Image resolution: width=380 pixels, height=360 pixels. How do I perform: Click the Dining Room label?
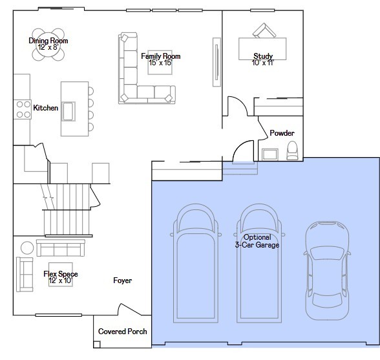[48, 41]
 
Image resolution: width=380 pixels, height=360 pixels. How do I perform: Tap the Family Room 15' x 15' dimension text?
[160, 63]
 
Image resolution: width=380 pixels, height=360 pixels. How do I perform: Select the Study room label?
[263, 56]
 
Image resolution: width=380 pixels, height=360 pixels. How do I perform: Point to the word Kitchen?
[45, 108]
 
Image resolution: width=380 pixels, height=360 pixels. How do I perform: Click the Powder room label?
[282, 133]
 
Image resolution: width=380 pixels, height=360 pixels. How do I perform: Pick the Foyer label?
[123, 281]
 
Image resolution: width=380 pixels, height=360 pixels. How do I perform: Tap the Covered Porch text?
[123, 332]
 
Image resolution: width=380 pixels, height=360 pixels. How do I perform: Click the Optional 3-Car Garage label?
[257, 241]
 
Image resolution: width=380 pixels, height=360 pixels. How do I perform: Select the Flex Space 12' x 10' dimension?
[61, 281]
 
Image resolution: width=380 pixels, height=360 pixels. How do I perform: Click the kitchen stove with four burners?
[23, 109]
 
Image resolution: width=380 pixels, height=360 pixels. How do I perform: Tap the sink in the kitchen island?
[69, 111]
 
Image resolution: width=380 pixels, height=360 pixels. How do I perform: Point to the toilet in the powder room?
[292, 151]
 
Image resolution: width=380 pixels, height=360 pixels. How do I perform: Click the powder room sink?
[270, 154]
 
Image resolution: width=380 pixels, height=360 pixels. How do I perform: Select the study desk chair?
[264, 30]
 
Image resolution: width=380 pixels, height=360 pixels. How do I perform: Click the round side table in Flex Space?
[27, 248]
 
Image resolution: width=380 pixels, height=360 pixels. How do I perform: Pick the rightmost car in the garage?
[327, 270]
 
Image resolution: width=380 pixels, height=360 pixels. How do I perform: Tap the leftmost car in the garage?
[196, 263]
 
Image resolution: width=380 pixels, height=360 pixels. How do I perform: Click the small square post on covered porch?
[97, 344]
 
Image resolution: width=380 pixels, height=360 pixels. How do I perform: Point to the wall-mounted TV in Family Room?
[216, 62]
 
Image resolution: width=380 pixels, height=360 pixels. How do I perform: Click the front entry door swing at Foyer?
[130, 309]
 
